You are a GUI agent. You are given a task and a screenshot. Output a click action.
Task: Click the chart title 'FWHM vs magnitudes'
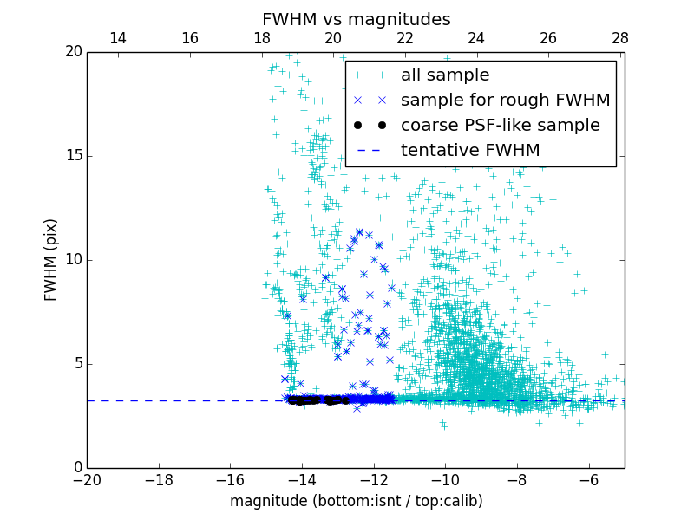pos(356,19)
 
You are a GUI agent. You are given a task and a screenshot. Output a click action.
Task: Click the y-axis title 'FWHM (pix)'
pos(51,260)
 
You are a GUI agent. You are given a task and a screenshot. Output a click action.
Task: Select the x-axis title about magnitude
pos(356,501)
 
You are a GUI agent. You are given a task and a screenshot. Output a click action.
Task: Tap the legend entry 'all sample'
pos(445,75)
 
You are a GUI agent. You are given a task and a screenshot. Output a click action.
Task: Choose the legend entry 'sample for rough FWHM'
pos(505,100)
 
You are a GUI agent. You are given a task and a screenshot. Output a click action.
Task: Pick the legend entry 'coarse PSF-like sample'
pos(500,125)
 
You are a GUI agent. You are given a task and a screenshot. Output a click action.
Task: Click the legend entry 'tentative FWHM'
pos(470,150)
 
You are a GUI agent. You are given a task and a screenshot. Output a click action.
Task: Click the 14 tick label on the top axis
pos(118,38)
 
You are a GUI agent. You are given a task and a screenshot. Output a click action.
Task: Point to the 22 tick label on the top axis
pos(405,38)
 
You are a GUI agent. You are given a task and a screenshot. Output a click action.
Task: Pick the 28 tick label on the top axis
pos(620,38)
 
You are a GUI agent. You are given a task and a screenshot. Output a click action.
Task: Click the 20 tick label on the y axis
pos(72,52)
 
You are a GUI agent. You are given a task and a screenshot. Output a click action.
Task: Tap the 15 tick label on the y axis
pos(72,156)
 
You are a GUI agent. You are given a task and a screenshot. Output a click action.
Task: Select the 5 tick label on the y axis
pos(76,364)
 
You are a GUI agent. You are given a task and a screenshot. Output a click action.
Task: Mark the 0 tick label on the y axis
pos(76,468)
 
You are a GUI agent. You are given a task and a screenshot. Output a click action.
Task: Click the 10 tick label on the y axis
pos(72,260)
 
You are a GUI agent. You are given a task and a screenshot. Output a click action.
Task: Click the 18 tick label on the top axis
pos(262,38)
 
